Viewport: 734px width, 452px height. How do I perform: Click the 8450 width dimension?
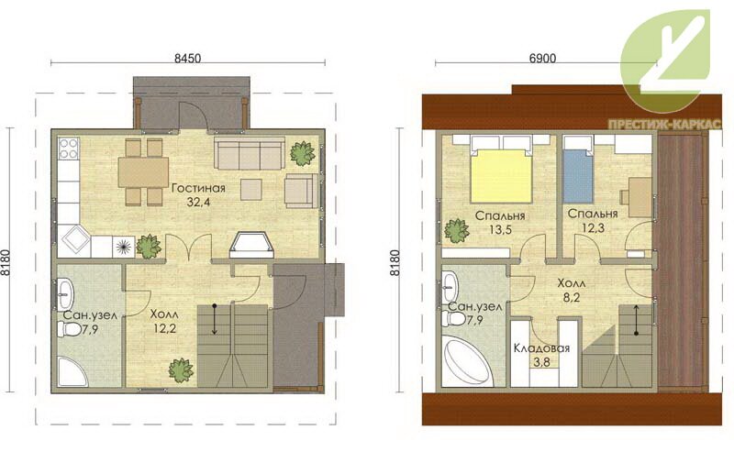pos(188,58)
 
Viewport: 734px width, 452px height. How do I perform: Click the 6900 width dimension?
pos(543,58)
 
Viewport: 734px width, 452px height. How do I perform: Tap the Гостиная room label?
pos(198,188)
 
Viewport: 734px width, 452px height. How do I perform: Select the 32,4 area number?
pos(199,202)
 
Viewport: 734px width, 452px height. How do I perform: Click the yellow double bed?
pos(501,175)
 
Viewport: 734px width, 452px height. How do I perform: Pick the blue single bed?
pos(578,175)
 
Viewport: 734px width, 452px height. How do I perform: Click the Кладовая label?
pos(541,348)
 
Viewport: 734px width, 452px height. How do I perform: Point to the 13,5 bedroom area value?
pos(500,229)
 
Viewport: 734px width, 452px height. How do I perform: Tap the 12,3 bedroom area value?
pos(593,228)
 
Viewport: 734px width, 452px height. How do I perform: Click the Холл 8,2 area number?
pos(571,297)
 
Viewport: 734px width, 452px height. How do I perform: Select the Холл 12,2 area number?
pos(164,328)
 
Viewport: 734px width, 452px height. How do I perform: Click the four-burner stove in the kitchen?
pos(68,149)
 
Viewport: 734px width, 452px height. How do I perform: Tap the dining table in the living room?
pos(143,171)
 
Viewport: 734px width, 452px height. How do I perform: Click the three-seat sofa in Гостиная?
pos(249,153)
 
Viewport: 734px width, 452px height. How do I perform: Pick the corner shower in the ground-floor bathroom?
pos(72,371)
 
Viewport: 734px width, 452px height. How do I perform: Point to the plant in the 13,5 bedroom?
pos(456,231)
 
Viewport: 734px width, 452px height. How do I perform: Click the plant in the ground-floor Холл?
pos(181,370)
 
